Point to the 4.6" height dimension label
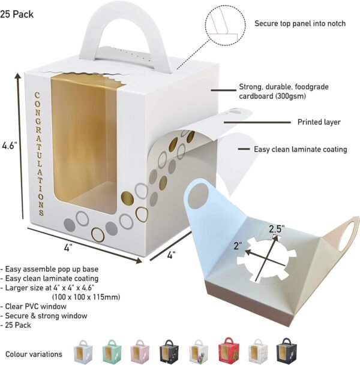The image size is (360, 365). pos(10,145)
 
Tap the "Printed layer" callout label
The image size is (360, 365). pos(319,122)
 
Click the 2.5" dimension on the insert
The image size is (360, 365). pos(276,229)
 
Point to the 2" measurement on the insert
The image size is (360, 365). pos(238,246)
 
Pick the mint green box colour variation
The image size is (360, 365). pos(112,351)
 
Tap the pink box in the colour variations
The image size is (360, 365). pos(140,351)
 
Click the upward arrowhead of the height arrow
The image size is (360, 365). pos(18,77)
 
